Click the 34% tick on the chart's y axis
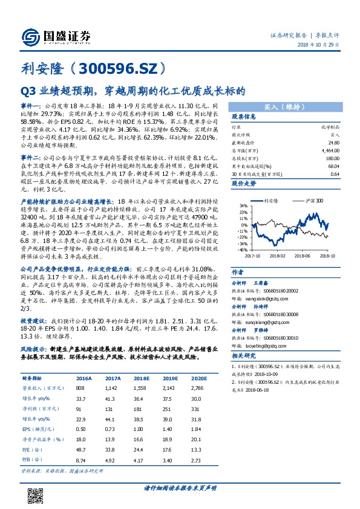(x=241, y=205)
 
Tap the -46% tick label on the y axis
(x=241, y=248)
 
